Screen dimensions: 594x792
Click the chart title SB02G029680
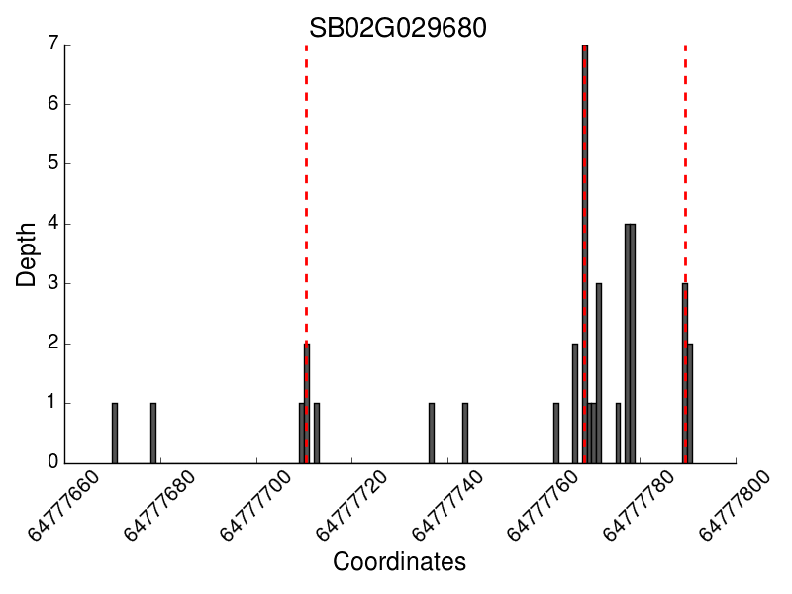tap(397, 27)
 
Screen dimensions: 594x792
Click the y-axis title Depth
tap(27, 253)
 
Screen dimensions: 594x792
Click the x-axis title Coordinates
tap(399, 562)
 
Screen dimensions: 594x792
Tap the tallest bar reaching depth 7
tap(585, 253)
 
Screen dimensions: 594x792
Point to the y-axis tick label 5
tap(52, 163)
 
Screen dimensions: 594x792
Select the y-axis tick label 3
tap(52, 283)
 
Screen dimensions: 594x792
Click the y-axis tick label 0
tap(52, 462)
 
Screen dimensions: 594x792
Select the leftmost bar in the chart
tap(115, 433)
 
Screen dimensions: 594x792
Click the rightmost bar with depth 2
tap(690, 403)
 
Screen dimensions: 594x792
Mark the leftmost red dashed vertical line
tap(306, 198)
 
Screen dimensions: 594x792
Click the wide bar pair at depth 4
tap(630, 343)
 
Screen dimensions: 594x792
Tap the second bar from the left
tap(153, 433)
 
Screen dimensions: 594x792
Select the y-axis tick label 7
tap(52, 45)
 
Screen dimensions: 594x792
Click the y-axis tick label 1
tap(52, 403)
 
